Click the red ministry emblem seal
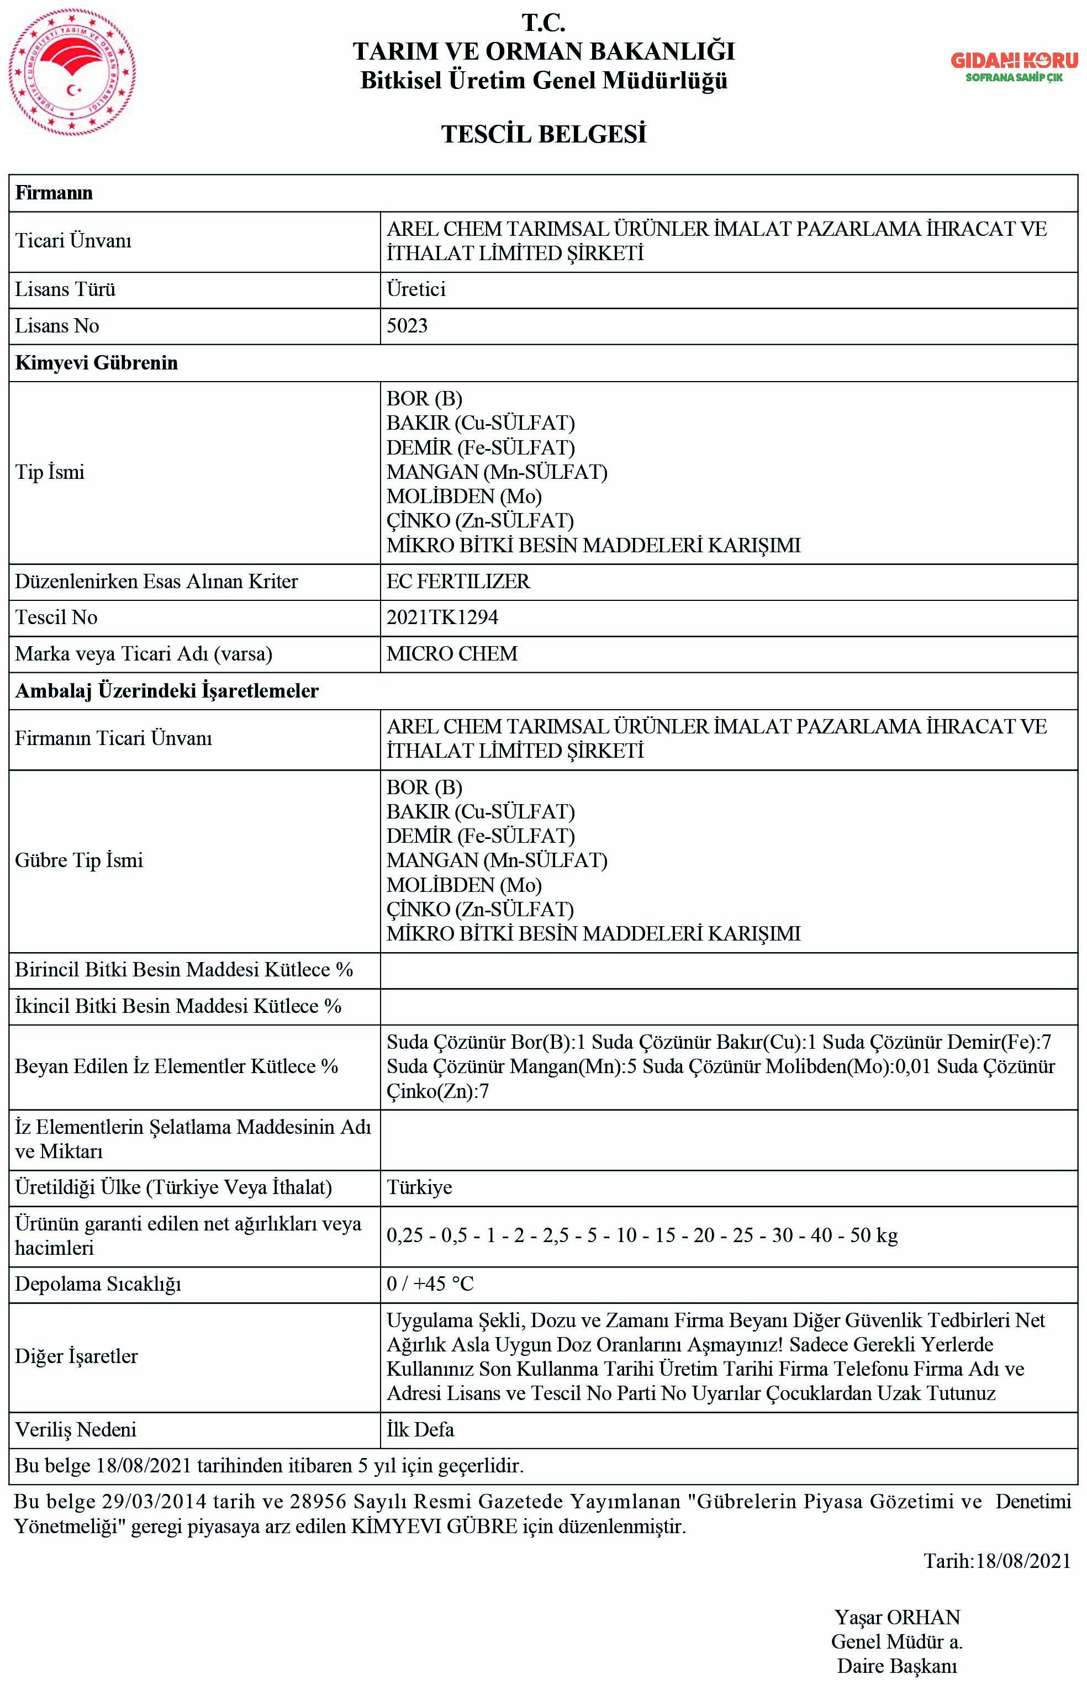coord(72,73)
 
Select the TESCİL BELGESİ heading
coord(543,134)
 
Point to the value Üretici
coord(416,289)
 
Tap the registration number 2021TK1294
coord(442,617)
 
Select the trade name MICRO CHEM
coord(452,653)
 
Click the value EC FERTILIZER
coord(458,581)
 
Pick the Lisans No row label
coord(57,326)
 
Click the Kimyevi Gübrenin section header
coord(96,363)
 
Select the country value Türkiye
coord(419,1187)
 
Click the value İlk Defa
coord(420,1429)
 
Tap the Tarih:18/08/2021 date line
coord(997,1560)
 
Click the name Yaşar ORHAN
coord(897,1618)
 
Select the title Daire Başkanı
coord(896,1666)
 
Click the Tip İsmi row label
coord(50,472)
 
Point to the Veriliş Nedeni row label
coord(75,1429)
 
